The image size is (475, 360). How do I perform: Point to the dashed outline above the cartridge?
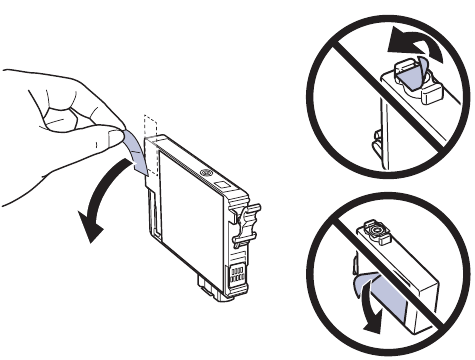tap(151, 126)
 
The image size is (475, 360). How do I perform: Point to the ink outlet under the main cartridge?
tap(210, 290)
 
